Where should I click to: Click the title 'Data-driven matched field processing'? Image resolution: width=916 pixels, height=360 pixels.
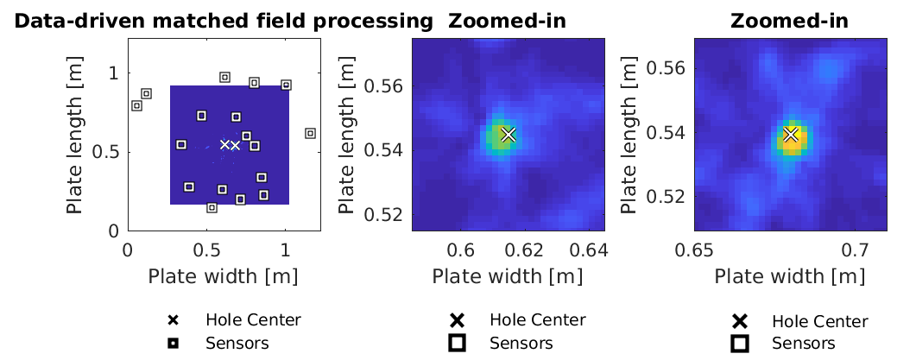223,21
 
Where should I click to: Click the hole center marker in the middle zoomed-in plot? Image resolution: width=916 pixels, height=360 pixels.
508,135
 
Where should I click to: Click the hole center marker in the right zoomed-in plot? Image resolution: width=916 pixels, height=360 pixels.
791,135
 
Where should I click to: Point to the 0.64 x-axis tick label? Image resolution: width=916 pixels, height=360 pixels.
591,251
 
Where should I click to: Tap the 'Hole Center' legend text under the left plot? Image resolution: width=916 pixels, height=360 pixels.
253,320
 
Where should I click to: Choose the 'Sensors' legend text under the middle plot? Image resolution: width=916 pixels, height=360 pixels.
521,343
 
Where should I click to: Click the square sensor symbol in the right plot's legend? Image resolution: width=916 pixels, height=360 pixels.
740,344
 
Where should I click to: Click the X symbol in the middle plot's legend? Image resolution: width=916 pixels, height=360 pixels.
457,320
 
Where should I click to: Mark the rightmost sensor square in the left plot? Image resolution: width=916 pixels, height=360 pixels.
310,133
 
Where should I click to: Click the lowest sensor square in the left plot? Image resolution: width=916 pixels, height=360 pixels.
212,207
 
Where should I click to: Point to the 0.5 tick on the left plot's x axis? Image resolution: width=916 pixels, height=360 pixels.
206,251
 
